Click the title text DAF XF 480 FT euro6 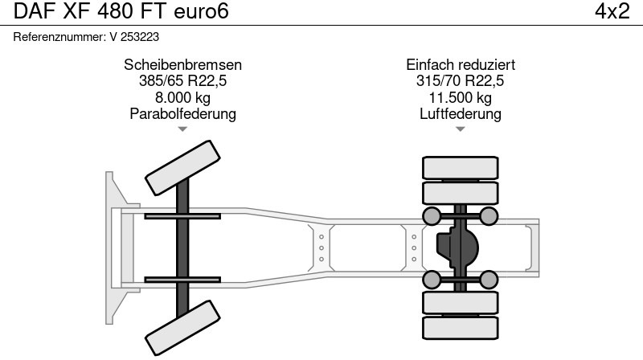(121, 12)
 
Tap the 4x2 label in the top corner (612, 12)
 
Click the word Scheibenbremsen (182, 65)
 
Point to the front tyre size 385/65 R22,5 (182, 81)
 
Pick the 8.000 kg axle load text (182, 97)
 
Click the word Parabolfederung (182, 113)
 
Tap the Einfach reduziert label (461, 65)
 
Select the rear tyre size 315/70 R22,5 (461, 81)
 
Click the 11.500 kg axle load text (461, 97)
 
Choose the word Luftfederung (461, 113)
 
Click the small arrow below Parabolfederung (182, 129)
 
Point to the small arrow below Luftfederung (460, 129)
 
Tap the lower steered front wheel (183, 327)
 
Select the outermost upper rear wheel (461, 168)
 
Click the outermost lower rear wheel (461, 327)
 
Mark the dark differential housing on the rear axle (456, 247)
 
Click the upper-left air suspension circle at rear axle (432, 215)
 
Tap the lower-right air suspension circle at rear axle (489, 280)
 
